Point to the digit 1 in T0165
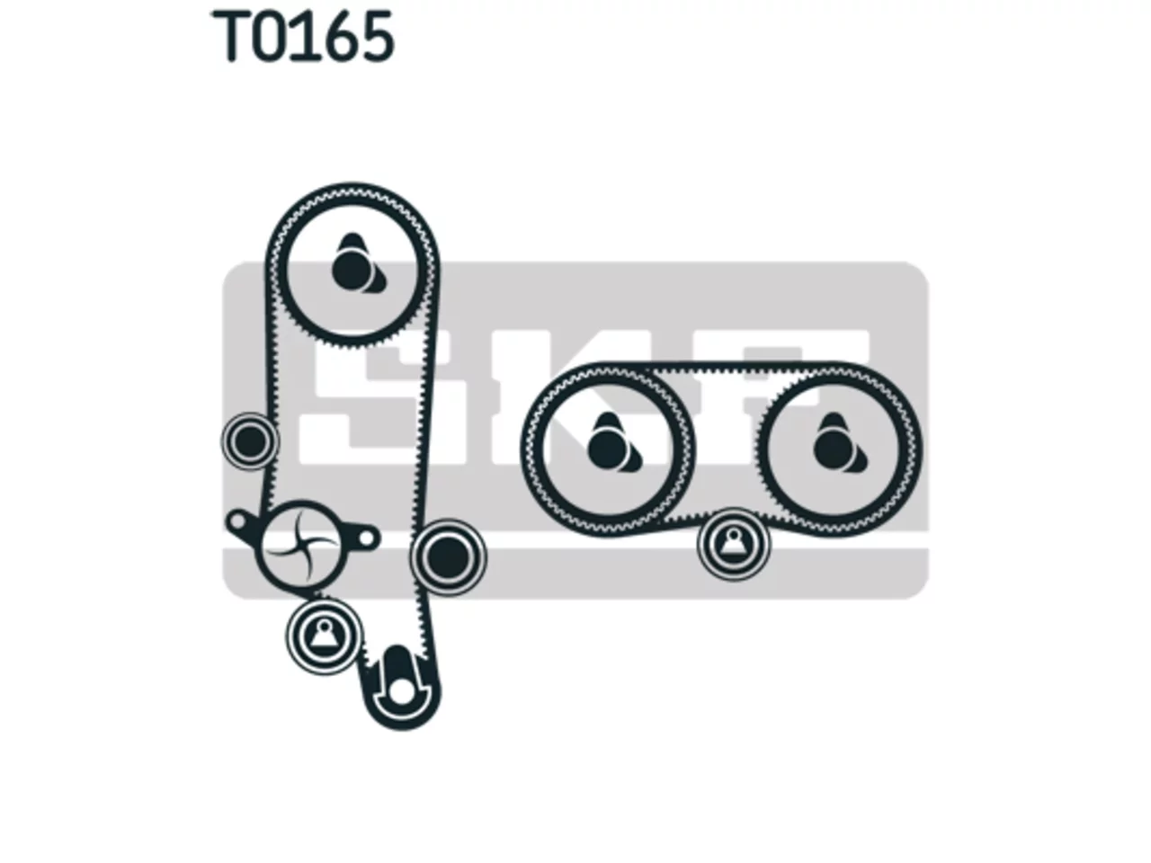coord(304,37)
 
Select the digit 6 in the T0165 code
coord(338,37)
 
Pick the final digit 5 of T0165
coord(377,37)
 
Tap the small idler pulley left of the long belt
coord(250,441)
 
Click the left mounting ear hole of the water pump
coord(237,520)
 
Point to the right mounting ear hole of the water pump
coord(367,538)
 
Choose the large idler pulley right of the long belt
coord(449,557)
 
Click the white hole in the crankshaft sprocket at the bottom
coord(402,693)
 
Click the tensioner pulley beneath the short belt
coord(734,545)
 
